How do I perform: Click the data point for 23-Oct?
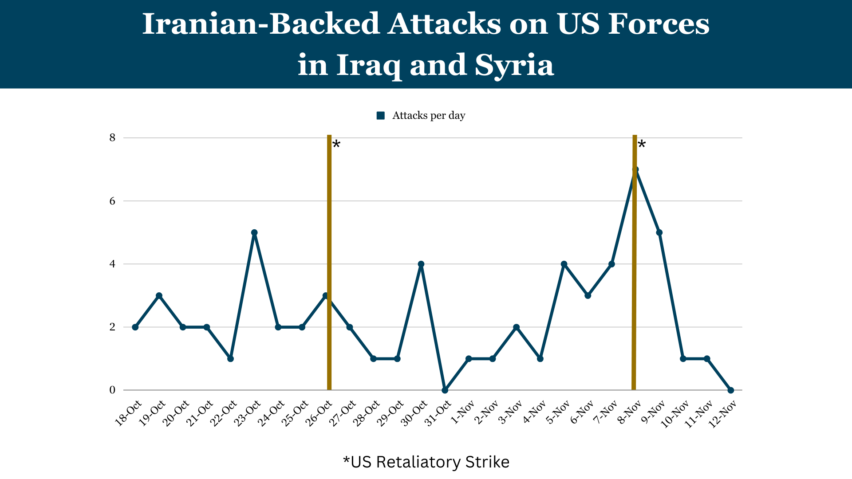tap(254, 232)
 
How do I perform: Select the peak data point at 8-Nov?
tap(635, 169)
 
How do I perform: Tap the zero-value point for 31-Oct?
tap(445, 390)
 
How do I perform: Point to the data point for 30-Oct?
tap(421, 264)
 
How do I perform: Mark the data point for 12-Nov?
tap(731, 390)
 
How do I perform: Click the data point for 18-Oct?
tap(135, 327)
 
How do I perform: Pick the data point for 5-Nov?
tap(564, 264)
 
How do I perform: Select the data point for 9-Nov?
tap(659, 232)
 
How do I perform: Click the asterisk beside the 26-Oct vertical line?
tap(336, 144)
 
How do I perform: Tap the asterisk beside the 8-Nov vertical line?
tap(642, 144)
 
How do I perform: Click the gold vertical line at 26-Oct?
tap(329, 222)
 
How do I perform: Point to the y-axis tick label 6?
tap(112, 201)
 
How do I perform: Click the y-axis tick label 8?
tap(112, 137)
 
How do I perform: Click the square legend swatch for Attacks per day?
tap(380, 116)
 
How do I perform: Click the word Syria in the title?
tap(514, 65)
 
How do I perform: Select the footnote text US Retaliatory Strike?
tap(430, 462)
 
